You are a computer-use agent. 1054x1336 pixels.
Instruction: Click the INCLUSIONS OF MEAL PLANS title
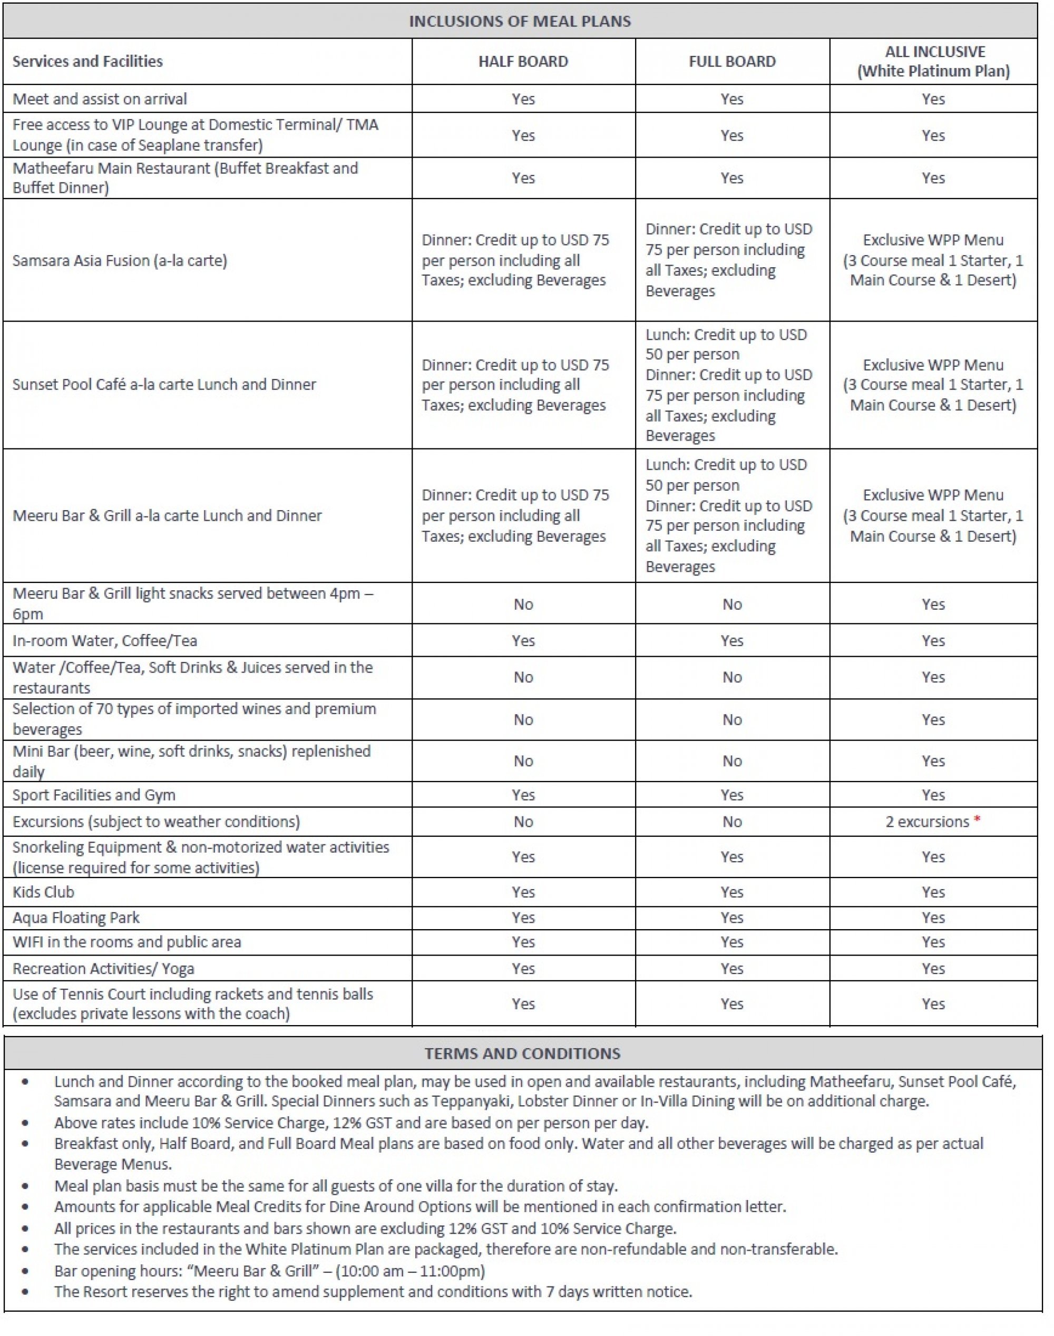[520, 21]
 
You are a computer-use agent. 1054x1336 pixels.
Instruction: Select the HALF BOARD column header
[523, 61]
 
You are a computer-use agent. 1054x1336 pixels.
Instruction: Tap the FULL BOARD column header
[732, 61]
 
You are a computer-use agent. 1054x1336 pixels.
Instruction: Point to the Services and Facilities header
[87, 61]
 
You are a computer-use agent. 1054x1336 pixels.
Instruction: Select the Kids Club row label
[43, 892]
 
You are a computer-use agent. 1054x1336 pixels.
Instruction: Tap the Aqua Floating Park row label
[76, 918]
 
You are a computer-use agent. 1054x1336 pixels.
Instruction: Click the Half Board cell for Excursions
[523, 821]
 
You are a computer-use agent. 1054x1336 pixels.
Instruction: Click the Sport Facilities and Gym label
[94, 795]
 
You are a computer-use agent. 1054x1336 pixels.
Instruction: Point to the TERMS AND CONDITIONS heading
[522, 1053]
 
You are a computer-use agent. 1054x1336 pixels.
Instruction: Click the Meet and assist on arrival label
[100, 99]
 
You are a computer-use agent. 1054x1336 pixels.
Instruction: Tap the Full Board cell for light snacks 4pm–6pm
[732, 604]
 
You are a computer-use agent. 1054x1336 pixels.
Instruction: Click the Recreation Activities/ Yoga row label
[103, 968]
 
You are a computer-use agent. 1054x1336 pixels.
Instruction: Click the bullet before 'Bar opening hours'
[25, 1271]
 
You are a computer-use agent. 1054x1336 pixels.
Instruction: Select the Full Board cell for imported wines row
[732, 719]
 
